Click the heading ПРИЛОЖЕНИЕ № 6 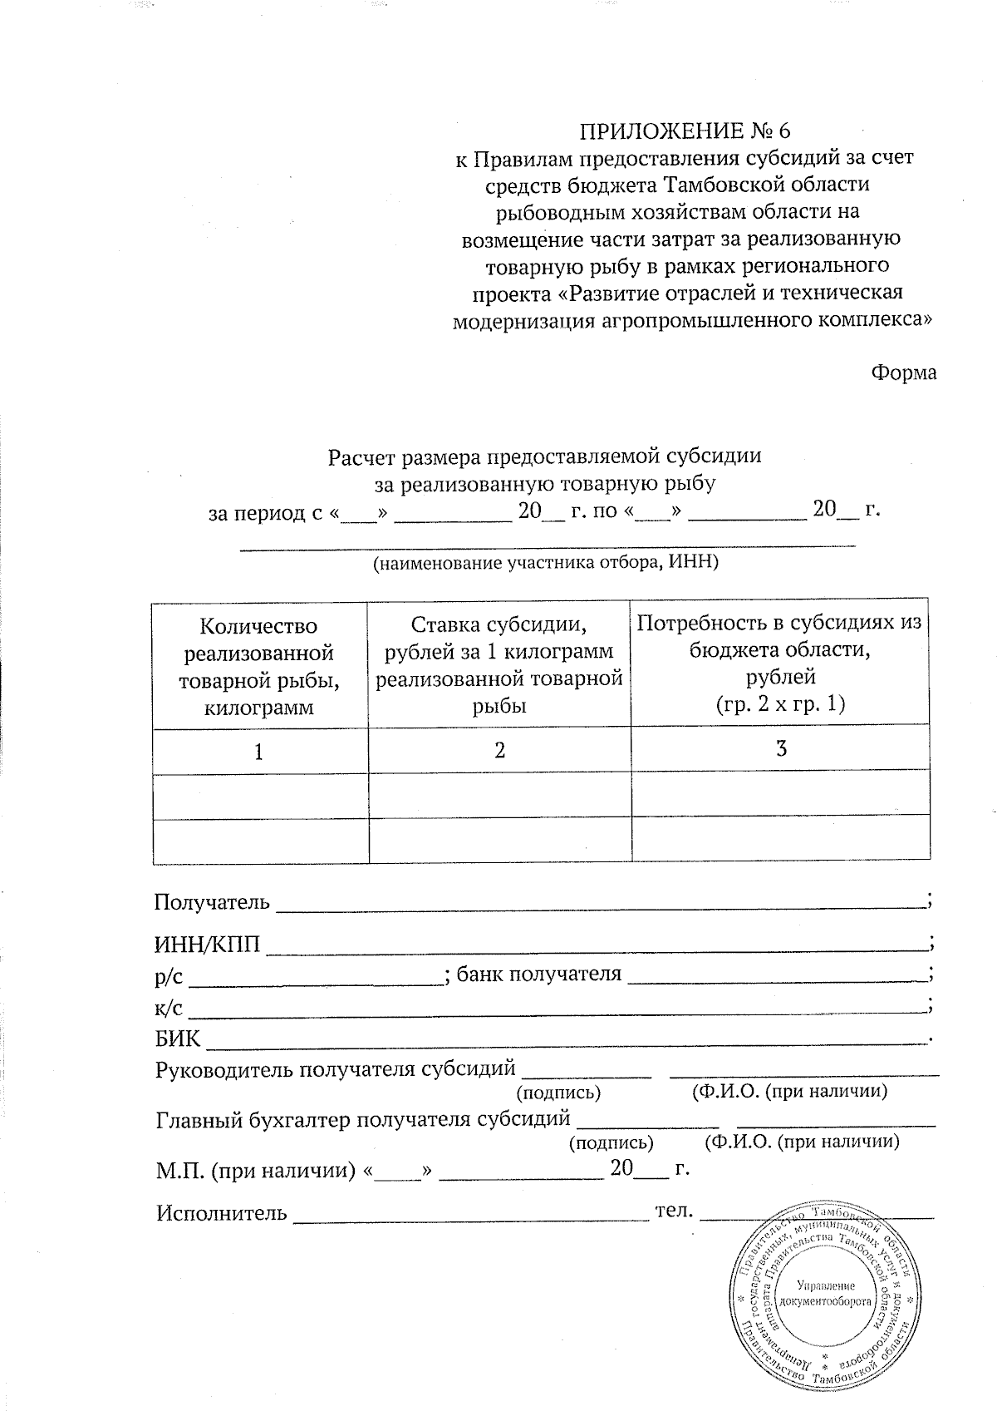685,131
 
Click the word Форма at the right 903,372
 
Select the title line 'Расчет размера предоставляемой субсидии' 544,456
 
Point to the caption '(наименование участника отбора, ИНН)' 545,563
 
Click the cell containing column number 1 259,752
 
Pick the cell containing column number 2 499,750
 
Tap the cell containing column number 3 780,748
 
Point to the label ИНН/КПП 207,945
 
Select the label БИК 178,1038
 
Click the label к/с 169,1008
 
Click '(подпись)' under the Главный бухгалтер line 611,1143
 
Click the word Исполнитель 221,1213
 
